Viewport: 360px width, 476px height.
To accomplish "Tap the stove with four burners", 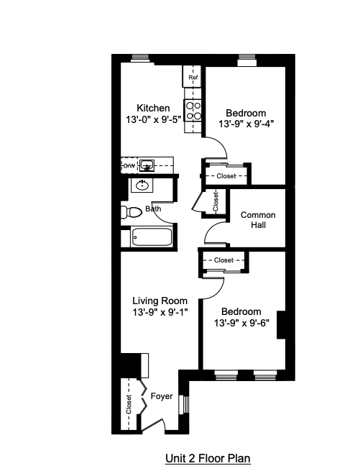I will coord(193,110).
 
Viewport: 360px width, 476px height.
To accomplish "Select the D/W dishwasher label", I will coord(129,166).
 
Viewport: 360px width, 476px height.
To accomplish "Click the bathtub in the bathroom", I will coord(152,237).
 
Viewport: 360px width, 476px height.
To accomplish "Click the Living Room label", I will coord(160,301).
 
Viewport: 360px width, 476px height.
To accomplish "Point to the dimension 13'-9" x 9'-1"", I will coord(160,312).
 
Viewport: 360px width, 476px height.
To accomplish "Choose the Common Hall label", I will coord(254,220).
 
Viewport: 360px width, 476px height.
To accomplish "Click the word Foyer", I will coord(162,396).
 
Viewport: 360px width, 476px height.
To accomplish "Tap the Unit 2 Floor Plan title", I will coord(208,457).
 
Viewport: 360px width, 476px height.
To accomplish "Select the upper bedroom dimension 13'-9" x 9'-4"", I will coord(246,124).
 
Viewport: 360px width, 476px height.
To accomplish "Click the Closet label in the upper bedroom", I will coord(226,175).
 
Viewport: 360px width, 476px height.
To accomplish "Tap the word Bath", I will coord(153,209).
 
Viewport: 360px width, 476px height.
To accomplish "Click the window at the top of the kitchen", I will coord(140,58).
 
